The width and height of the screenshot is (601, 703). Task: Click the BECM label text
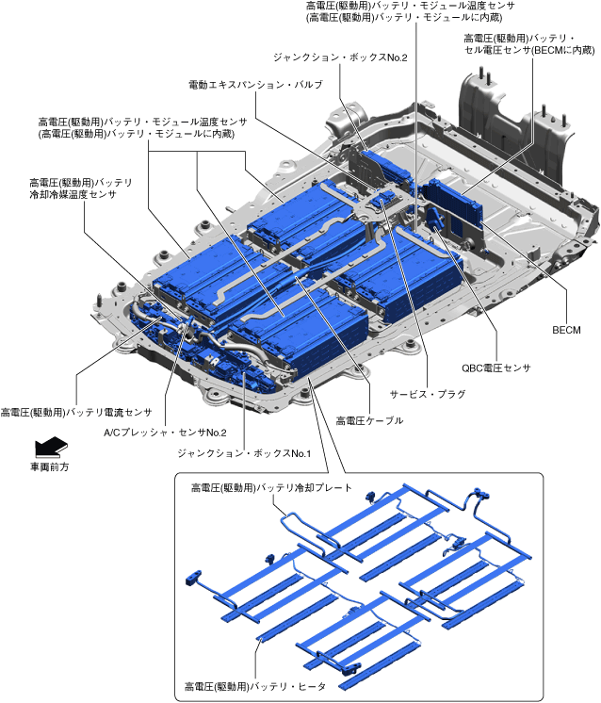pos(567,329)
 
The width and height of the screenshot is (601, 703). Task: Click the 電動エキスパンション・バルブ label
pos(256,85)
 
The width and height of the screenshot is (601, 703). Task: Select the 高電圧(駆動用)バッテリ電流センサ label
pos(76,412)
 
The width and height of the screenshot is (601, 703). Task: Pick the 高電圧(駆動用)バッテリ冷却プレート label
pos(271,488)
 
